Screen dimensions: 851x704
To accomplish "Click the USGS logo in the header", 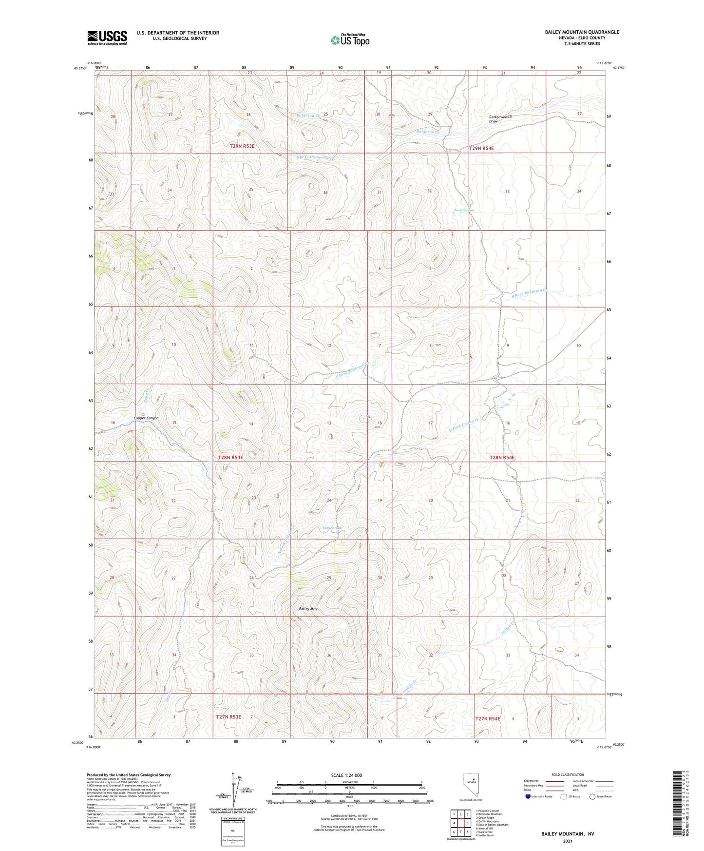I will click(x=107, y=38).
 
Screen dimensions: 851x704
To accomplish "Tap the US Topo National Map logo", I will click(x=349, y=40).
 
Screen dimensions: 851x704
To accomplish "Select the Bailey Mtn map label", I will click(x=308, y=609).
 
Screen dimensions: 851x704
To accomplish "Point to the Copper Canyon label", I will click(x=146, y=418).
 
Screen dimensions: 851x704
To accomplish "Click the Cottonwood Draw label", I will click(x=500, y=119).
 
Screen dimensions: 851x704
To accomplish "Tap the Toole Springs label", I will click(x=464, y=211).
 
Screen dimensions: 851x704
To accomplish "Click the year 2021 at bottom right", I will click(x=568, y=841).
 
